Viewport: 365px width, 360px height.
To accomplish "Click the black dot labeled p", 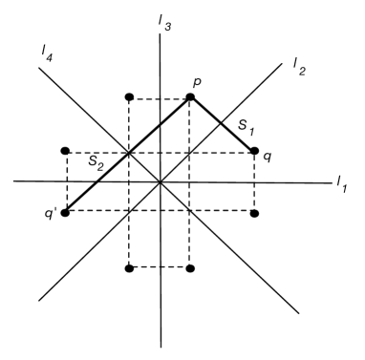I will click(x=190, y=97).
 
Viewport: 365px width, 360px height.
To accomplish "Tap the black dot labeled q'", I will click(x=65, y=212).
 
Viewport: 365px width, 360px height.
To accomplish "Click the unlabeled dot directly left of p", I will click(x=130, y=97).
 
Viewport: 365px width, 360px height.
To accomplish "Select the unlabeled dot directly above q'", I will click(x=65, y=151).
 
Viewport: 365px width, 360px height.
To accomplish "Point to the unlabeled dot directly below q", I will click(x=254, y=212).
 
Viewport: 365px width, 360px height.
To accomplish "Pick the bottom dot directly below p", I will click(x=190, y=268).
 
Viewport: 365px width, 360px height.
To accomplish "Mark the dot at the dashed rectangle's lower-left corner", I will click(x=130, y=268).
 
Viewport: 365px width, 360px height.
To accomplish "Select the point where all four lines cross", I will click(x=161, y=181).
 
